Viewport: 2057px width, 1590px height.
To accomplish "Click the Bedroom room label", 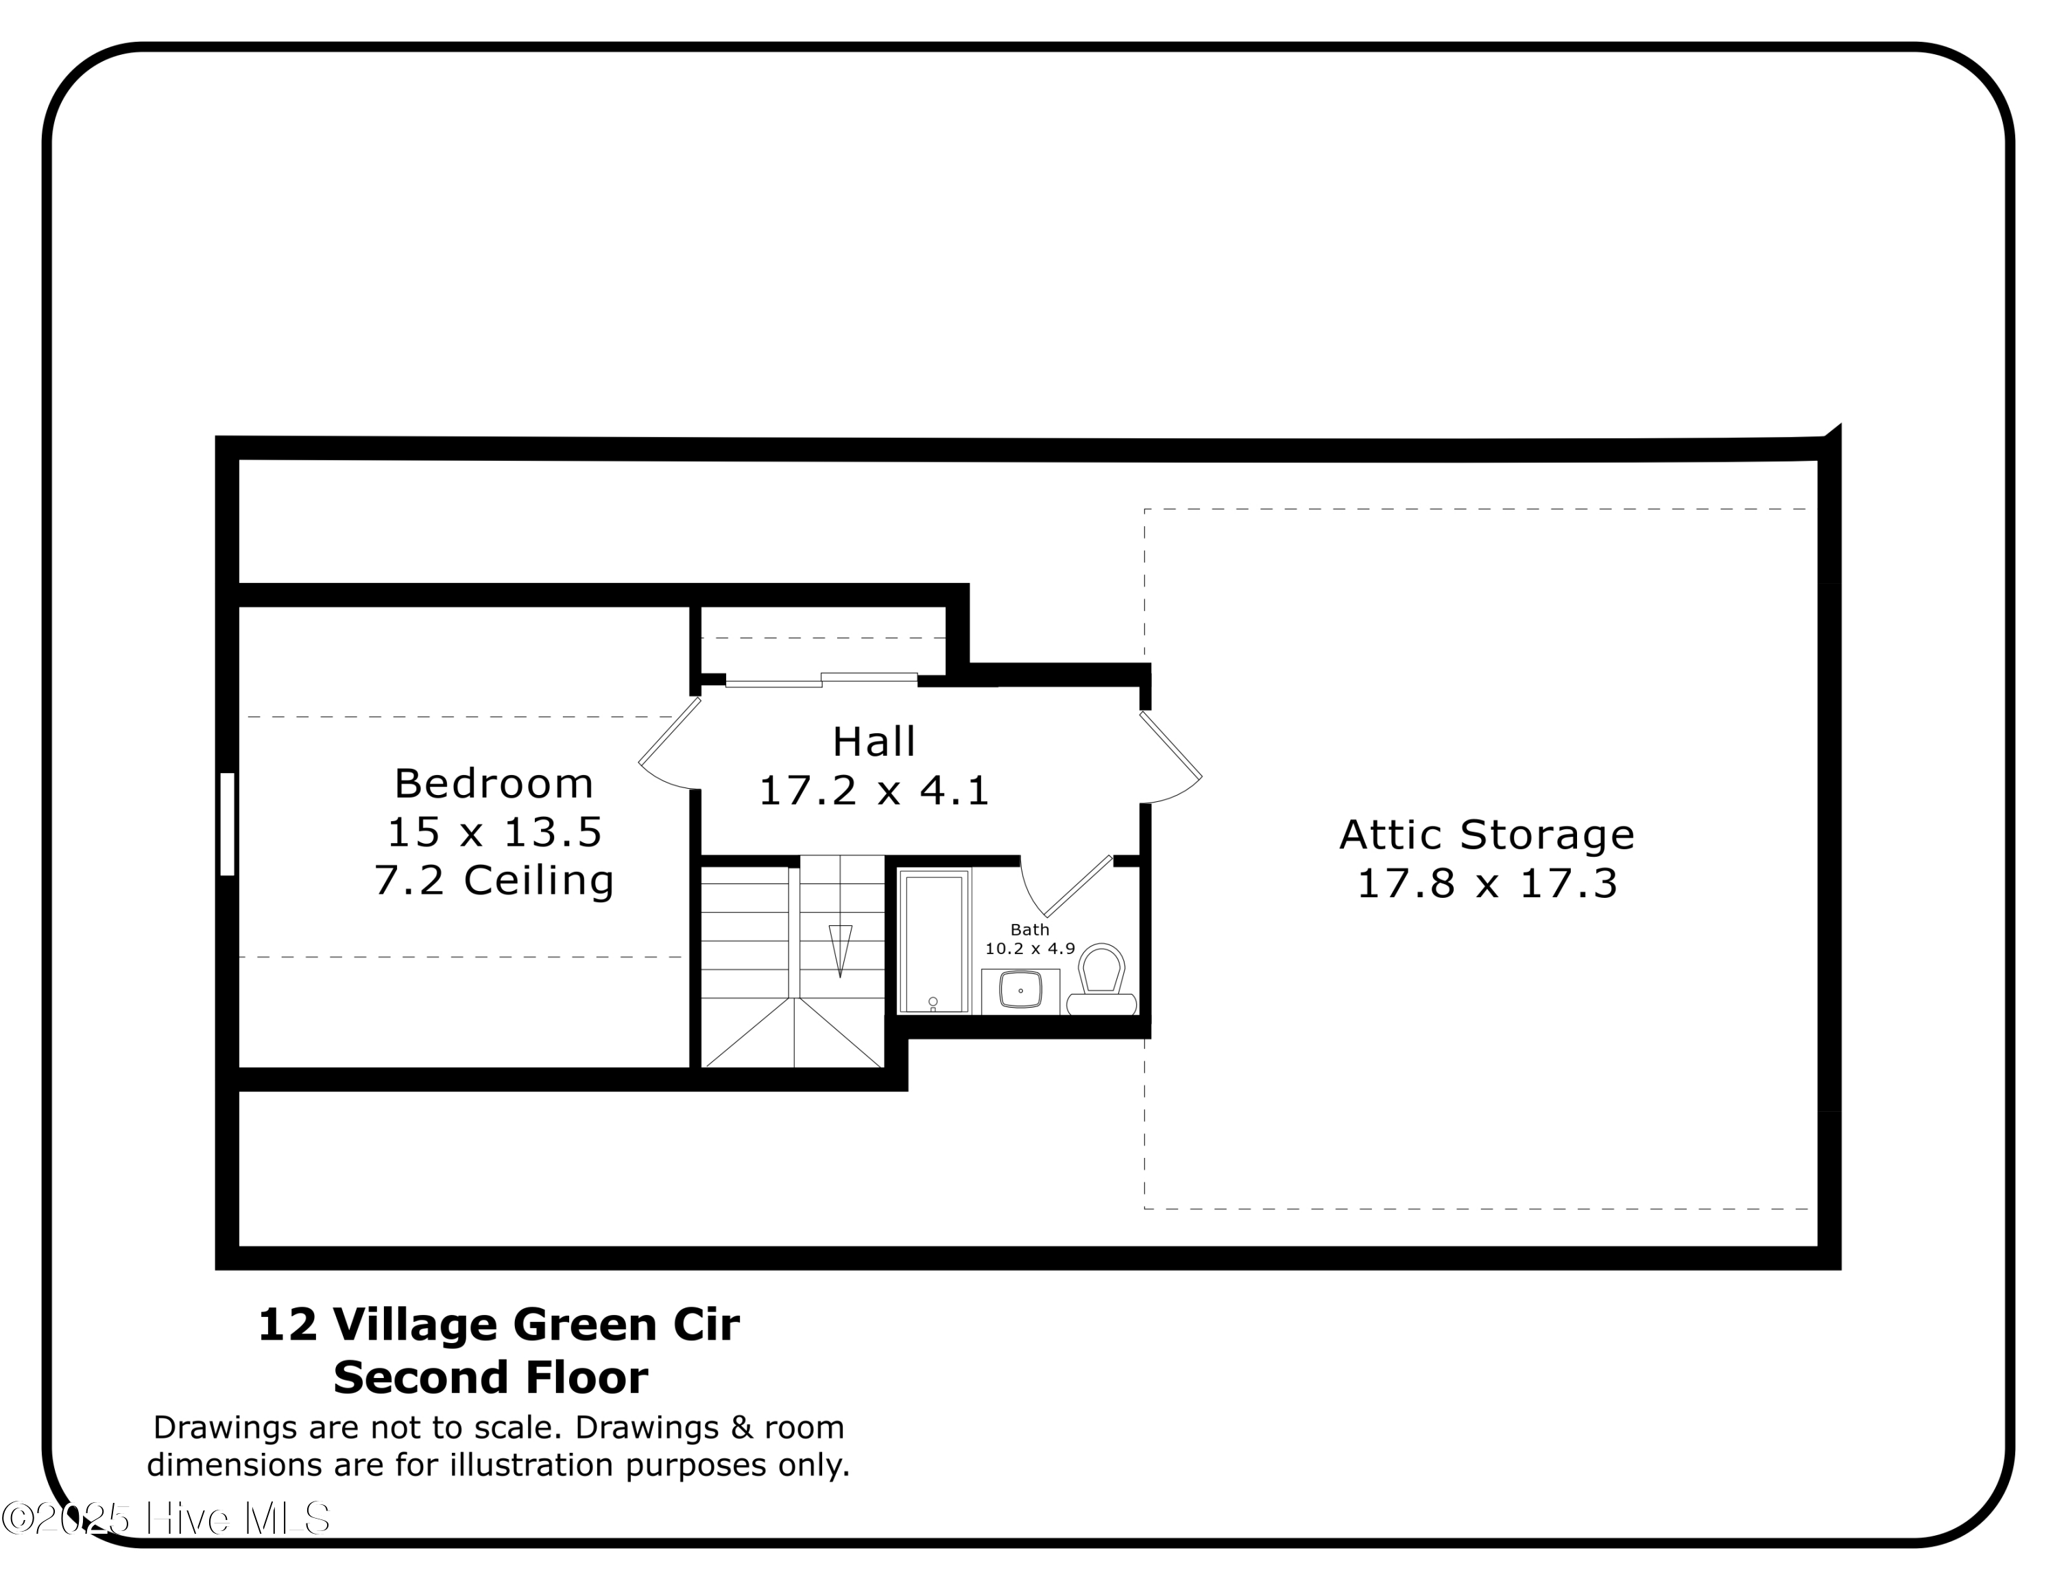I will coord(494,784).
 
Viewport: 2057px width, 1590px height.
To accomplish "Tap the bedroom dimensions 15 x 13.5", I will coord(494,832).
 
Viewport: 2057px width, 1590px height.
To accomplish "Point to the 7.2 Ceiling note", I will coord(494,880).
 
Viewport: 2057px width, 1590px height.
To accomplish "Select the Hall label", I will coord(873,742).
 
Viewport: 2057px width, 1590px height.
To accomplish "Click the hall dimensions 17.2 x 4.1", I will coord(873,790).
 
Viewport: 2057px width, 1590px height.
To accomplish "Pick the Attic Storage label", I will coord(1487,835).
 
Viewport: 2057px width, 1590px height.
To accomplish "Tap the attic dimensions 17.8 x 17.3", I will coord(1487,883).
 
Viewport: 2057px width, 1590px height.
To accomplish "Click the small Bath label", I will coord(1029,929).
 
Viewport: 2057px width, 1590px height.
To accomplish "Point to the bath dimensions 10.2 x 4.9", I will coord(1029,949).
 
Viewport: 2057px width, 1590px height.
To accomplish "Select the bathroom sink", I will coord(1020,990).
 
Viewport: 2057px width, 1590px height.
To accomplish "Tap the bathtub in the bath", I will coord(933,942).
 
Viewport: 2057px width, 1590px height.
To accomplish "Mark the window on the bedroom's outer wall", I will coord(227,824).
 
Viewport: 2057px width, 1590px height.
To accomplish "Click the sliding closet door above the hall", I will coord(820,679).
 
